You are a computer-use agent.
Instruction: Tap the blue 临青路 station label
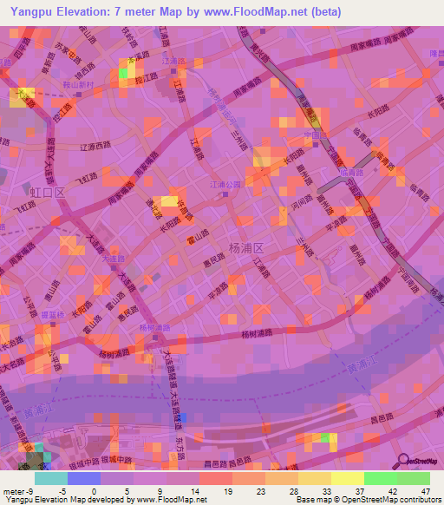coord(353,172)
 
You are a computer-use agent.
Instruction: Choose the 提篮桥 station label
coord(57,318)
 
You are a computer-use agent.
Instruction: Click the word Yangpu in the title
coord(26,12)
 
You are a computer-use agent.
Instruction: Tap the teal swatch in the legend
coord(50,477)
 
